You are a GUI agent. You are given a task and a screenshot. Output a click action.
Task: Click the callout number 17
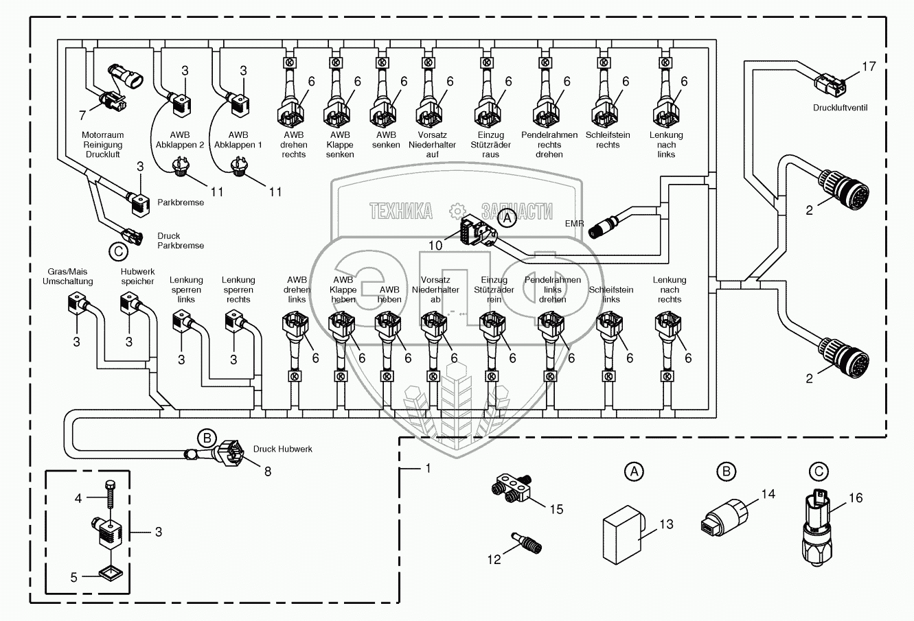[x=869, y=67]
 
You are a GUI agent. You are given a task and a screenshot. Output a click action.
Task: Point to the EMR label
[x=575, y=223]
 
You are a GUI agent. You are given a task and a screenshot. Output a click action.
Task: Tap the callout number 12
[x=494, y=560]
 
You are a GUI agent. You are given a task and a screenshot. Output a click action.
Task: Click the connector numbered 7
[x=110, y=101]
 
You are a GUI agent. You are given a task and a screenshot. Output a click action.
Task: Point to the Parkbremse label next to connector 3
[x=181, y=202]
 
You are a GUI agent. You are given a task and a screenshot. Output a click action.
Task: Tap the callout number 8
[x=267, y=471]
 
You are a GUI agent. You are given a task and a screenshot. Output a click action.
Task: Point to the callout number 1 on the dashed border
[x=428, y=469]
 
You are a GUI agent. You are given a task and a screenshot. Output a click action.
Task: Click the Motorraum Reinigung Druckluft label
[x=102, y=145]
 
